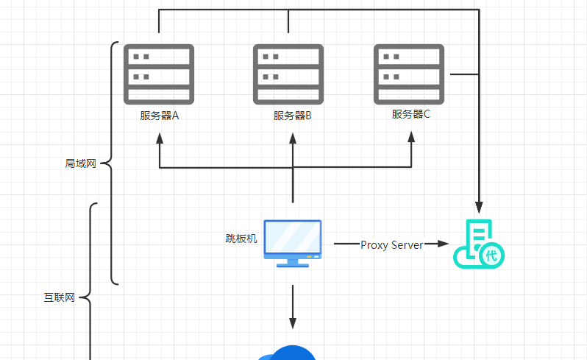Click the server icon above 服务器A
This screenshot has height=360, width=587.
point(159,74)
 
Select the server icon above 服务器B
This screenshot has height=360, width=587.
point(288,74)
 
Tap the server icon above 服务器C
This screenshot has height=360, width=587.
point(409,74)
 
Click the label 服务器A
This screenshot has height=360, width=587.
point(160,116)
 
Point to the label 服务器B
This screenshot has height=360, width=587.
point(293,116)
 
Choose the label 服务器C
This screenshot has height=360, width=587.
point(410,114)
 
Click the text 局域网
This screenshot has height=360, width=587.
point(81,163)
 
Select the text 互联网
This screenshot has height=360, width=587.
point(60,298)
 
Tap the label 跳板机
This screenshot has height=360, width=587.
point(241,239)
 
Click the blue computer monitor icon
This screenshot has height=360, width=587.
point(293,242)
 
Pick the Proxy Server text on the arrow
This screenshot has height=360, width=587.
point(391,244)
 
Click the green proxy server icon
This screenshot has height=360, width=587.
point(478,244)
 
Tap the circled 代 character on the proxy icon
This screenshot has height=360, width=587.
point(491,255)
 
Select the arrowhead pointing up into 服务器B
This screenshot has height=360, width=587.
point(293,139)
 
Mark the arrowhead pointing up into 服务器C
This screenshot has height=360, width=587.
point(411,139)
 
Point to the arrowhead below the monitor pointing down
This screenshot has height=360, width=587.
point(293,322)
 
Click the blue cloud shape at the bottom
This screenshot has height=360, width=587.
point(288,353)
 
